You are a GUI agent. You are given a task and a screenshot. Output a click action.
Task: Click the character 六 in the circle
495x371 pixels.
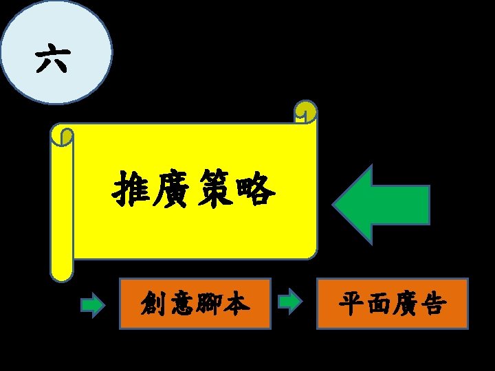[52, 60]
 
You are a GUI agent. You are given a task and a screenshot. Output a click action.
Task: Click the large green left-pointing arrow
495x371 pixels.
[382, 205]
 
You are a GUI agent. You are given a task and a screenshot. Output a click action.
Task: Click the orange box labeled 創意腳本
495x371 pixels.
[195, 303]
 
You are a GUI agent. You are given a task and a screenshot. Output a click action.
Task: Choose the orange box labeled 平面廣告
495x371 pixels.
[392, 303]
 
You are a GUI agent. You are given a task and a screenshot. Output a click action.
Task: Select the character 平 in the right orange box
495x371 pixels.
[352, 303]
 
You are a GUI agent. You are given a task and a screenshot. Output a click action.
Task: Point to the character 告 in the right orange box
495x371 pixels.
[433, 303]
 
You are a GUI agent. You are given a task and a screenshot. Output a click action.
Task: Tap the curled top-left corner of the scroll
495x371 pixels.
[63, 136]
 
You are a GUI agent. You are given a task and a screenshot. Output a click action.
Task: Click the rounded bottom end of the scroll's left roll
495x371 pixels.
[62, 273]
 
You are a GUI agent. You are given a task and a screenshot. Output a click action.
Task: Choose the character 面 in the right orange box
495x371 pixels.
[379, 303]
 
